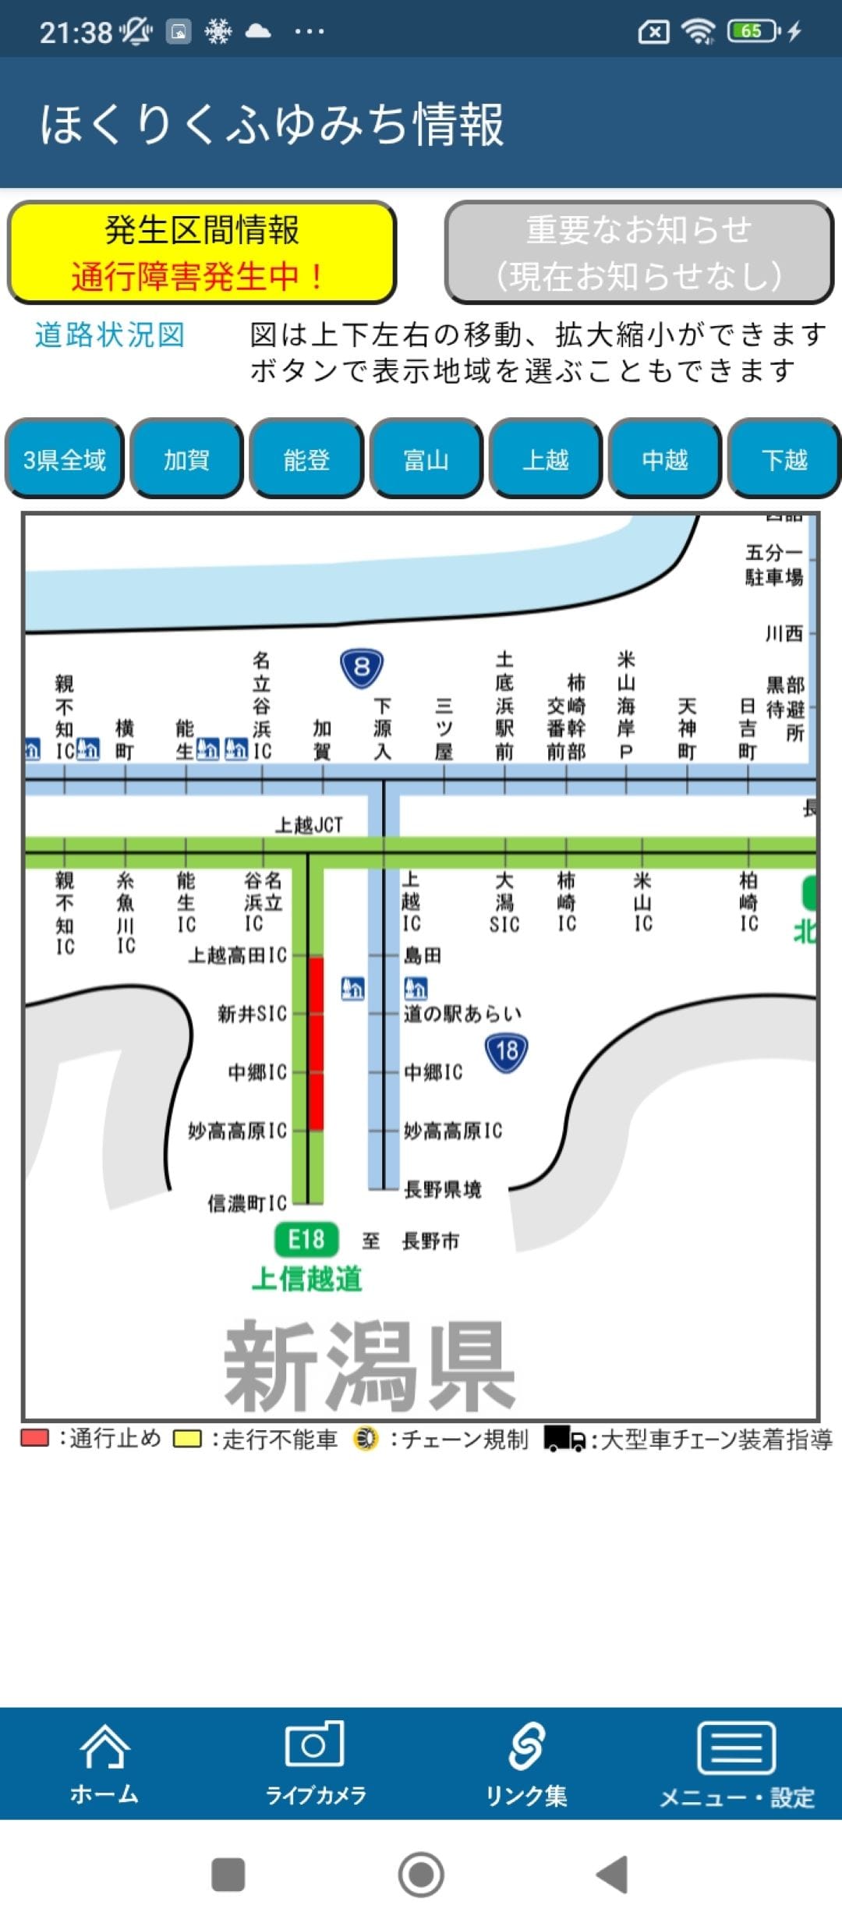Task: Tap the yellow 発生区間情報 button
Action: pyautogui.click(x=202, y=253)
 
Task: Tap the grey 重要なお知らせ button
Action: pyautogui.click(x=639, y=253)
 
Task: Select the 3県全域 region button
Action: pyautogui.click(x=65, y=459)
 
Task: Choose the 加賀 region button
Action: pyautogui.click(x=186, y=459)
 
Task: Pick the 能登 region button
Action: pyautogui.click(x=306, y=459)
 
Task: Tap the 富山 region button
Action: pyautogui.click(x=426, y=459)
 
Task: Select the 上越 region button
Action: pyautogui.click(x=546, y=459)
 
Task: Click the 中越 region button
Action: pyautogui.click(x=665, y=459)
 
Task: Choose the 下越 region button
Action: pyautogui.click(x=784, y=459)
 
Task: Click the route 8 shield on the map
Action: pyautogui.click(x=362, y=668)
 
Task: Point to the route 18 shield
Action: pyautogui.click(x=507, y=1052)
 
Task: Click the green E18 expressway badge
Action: pyautogui.click(x=306, y=1239)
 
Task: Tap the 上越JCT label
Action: pyautogui.click(x=309, y=825)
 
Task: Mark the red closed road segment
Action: pyautogui.click(x=316, y=1043)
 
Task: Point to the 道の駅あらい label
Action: pyautogui.click(x=462, y=1014)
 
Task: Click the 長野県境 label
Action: pyautogui.click(x=442, y=1189)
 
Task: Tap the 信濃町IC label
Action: pyautogui.click(x=247, y=1203)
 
